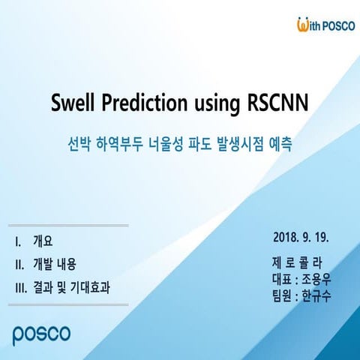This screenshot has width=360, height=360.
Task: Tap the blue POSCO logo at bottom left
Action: click(42, 331)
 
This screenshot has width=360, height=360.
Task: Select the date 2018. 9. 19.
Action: click(302, 238)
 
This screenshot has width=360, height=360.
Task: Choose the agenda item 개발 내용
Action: click(54, 264)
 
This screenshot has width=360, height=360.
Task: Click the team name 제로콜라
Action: click(297, 262)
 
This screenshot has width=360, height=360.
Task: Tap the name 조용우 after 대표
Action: click(316, 279)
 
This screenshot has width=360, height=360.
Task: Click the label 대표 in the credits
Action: click(282, 279)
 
